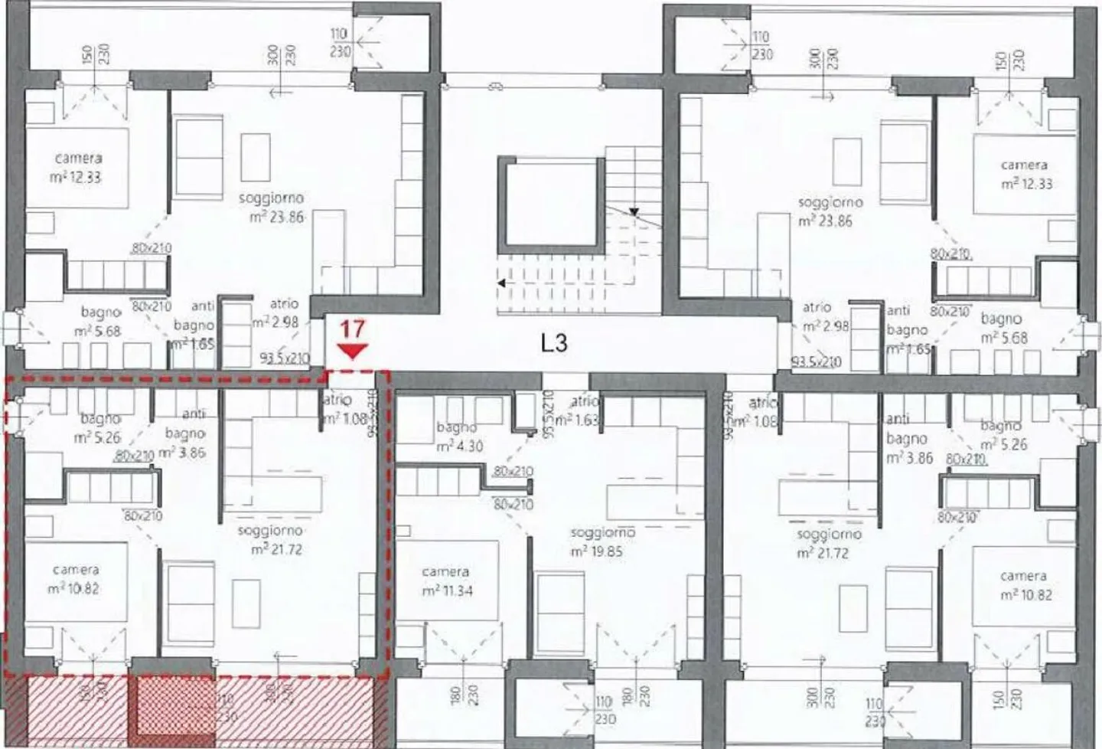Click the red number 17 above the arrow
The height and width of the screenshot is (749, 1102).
(x=352, y=330)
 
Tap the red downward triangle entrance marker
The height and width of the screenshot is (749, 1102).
(x=352, y=352)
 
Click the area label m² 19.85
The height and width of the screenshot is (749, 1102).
(x=601, y=551)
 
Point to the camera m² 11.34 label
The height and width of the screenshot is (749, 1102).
(x=445, y=582)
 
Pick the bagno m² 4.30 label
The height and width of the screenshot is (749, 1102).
(x=459, y=437)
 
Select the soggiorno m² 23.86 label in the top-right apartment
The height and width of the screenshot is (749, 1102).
(x=829, y=212)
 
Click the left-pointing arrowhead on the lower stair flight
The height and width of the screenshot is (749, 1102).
(x=501, y=283)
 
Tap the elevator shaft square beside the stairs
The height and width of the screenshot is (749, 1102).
(x=549, y=204)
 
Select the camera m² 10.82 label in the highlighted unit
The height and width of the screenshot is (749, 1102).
(x=76, y=580)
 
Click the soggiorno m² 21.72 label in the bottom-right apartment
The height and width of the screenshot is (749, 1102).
(x=829, y=543)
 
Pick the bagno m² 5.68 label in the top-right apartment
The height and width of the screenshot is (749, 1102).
(x=1003, y=329)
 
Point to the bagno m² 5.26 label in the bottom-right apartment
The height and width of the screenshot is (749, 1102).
(x=1002, y=435)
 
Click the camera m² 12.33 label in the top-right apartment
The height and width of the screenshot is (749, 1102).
(x=1025, y=175)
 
